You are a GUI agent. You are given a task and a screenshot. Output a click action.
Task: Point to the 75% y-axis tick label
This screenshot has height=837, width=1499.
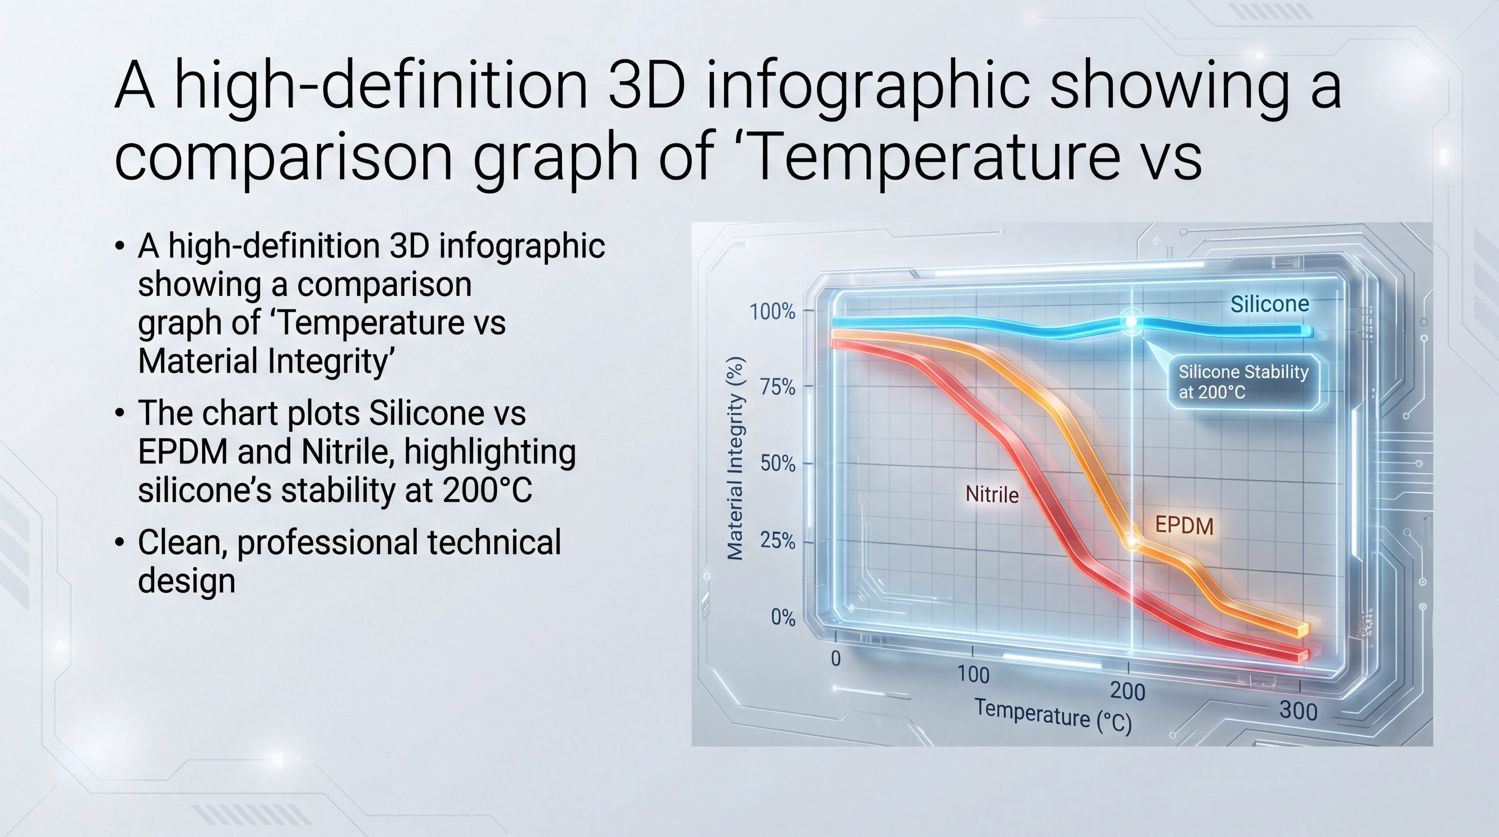coord(777,387)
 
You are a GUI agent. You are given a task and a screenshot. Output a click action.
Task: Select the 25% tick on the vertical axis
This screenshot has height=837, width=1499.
coord(777,541)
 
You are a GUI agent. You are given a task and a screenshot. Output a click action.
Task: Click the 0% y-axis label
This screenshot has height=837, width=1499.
coord(783,617)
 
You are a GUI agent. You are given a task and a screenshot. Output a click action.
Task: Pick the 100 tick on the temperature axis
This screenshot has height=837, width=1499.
coord(973,674)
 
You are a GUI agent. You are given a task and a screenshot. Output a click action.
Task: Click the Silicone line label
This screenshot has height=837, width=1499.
coord(1269,304)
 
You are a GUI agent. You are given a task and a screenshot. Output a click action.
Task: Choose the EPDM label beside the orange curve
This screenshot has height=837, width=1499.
coord(1184,526)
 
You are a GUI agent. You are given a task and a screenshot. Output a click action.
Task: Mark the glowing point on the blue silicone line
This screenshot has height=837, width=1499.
coord(1131,322)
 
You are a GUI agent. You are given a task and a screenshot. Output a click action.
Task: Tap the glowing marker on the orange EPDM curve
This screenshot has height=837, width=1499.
coord(1132,540)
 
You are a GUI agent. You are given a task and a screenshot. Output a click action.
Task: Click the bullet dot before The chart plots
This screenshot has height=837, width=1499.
coord(120,413)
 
